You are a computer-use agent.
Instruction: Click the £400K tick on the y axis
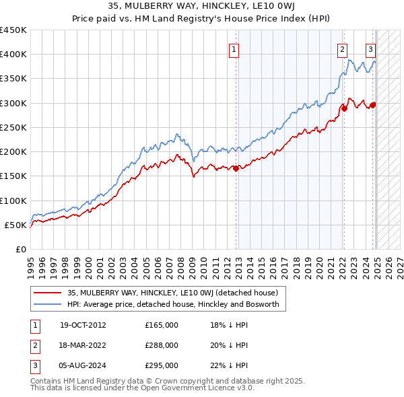click(x=13, y=55)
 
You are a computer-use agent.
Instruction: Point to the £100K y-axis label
click(x=13, y=201)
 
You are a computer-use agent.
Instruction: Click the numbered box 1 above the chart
click(x=234, y=48)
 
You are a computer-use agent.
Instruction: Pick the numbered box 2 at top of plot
click(x=342, y=48)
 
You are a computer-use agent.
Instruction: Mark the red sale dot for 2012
click(x=236, y=169)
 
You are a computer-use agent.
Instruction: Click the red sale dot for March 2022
click(x=344, y=108)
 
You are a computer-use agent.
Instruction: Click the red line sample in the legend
click(x=48, y=293)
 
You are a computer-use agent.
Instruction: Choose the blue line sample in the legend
click(x=48, y=304)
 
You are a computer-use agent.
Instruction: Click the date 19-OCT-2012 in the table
click(x=83, y=325)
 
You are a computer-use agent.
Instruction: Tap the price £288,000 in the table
click(x=162, y=345)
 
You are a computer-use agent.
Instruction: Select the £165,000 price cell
click(x=162, y=325)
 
